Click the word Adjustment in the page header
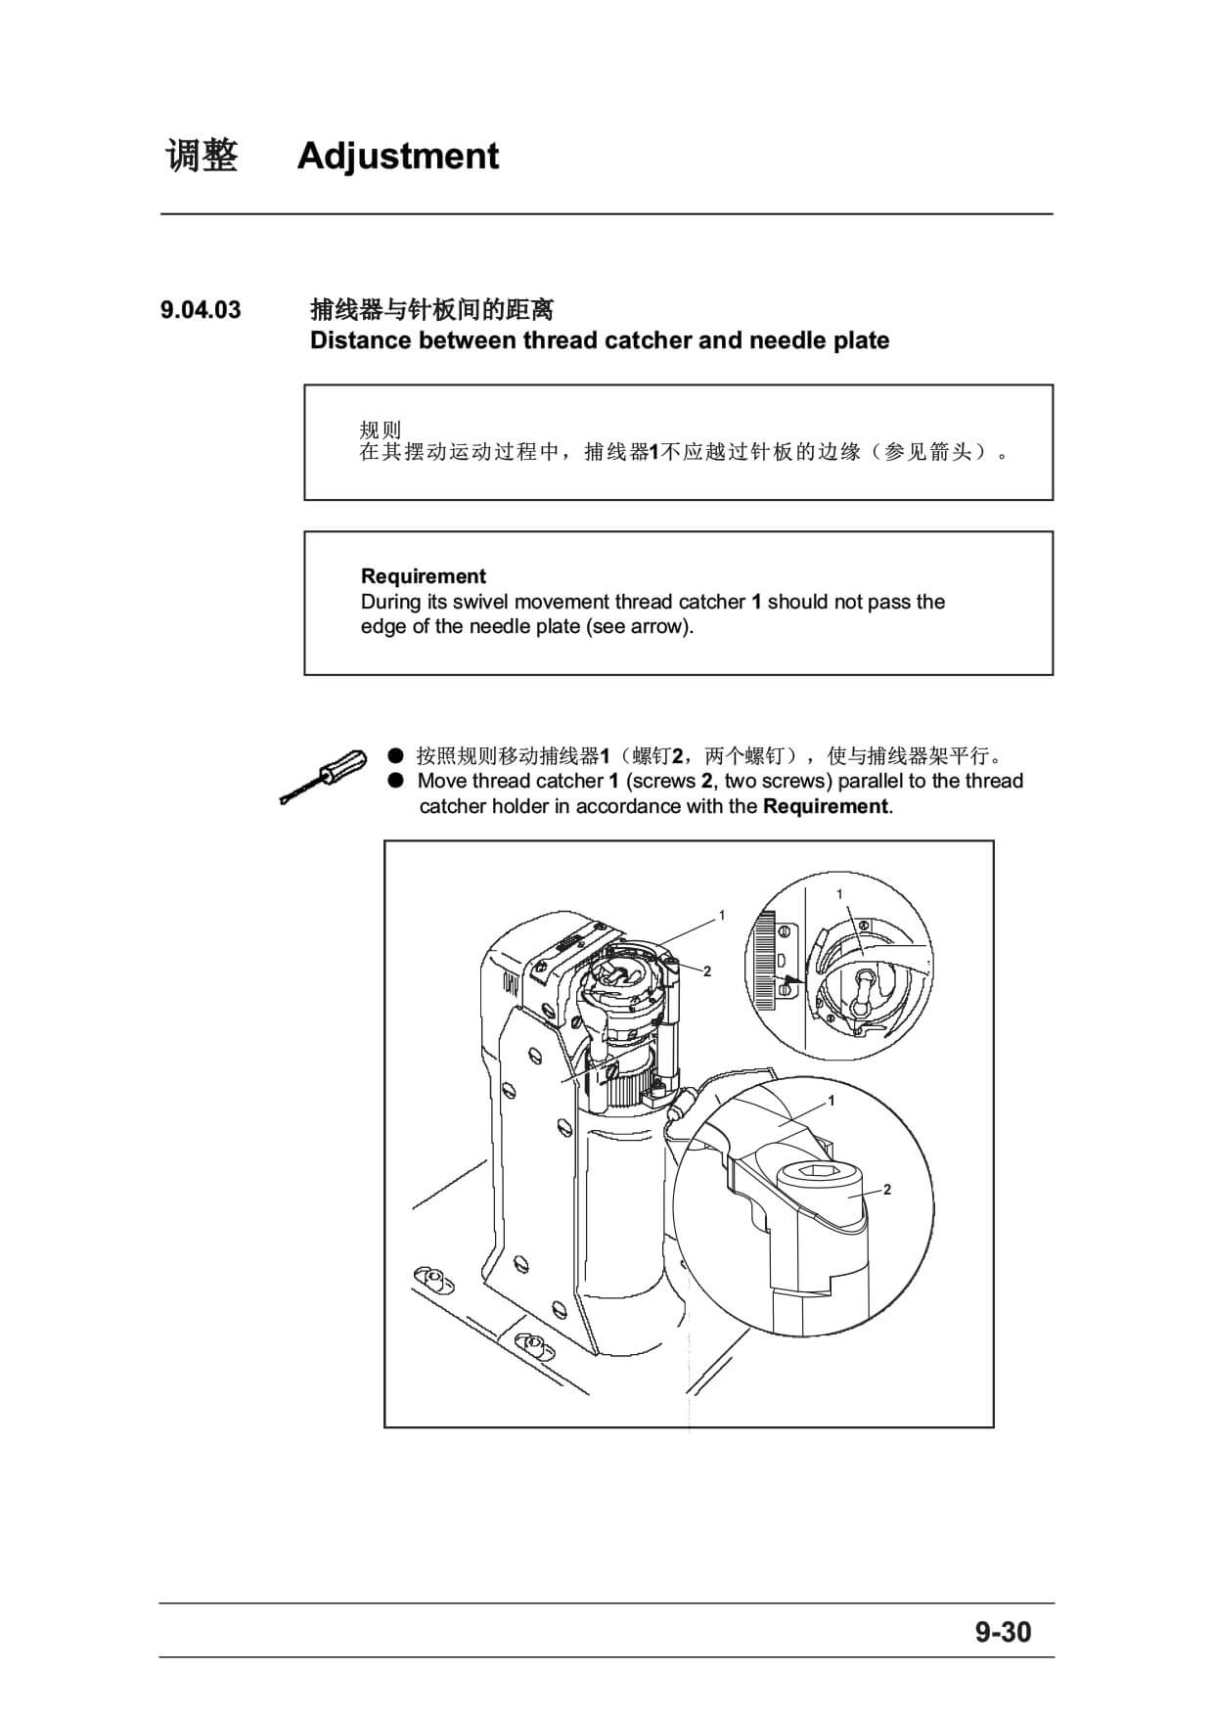[398, 157]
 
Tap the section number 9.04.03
[201, 310]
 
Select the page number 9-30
[1003, 1632]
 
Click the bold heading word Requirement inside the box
[424, 576]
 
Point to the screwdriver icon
[321, 777]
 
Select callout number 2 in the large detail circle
[887, 1190]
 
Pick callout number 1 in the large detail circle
[832, 1101]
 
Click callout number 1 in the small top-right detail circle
[839, 894]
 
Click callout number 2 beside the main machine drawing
[707, 971]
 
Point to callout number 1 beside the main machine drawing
[722, 916]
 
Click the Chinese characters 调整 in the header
[202, 157]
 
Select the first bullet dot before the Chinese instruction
[395, 755]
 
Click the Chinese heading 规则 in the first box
[381, 429]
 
